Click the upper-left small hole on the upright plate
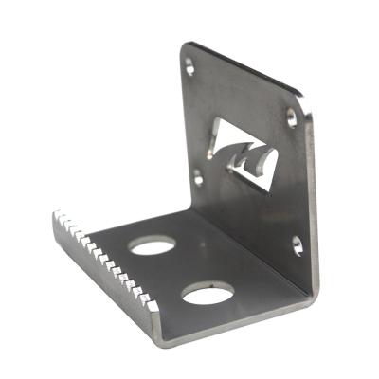tap(190, 68)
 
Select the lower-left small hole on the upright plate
tap(198, 175)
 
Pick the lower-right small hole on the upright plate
tap(297, 245)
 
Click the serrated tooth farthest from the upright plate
tap(59, 220)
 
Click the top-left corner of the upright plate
tap(185, 45)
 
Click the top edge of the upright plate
tap(246, 68)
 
